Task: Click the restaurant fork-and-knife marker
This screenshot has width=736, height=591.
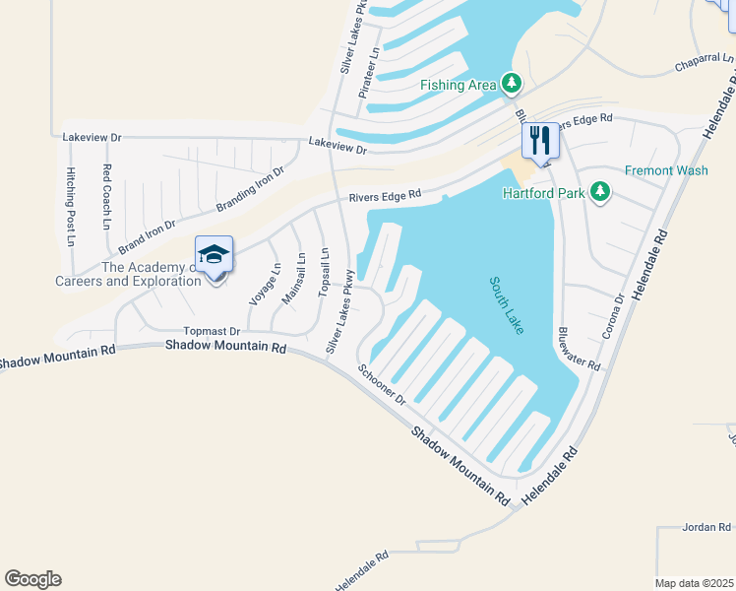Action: [x=539, y=140]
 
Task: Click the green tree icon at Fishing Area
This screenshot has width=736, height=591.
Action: [x=511, y=84]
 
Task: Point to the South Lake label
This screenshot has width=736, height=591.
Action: [x=507, y=305]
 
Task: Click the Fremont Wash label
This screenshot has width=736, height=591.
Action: [x=666, y=170]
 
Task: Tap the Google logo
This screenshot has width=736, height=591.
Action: [x=32, y=579]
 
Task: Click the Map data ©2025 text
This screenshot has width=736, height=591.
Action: [x=694, y=583]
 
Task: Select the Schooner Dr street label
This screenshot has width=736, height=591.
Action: [x=382, y=384]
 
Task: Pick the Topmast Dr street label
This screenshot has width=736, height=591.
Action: [x=212, y=332]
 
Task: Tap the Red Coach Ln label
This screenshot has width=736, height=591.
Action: [x=106, y=196]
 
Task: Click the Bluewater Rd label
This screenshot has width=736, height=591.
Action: [x=580, y=349]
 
